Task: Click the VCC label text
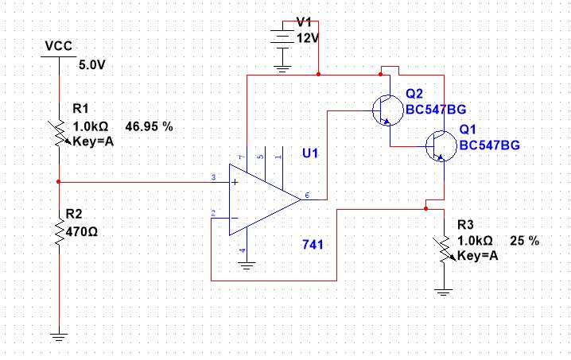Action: (x=60, y=47)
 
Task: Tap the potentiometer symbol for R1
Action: (x=59, y=134)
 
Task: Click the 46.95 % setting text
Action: (x=149, y=126)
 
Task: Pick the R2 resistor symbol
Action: (x=59, y=230)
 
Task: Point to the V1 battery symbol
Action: (x=281, y=45)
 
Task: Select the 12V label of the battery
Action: (x=308, y=37)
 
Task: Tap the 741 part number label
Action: (x=312, y=243)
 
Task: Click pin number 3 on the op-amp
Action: (x=213, y=177)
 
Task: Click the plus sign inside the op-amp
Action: (x=236, y=182)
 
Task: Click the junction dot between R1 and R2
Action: (x=59, y=181)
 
